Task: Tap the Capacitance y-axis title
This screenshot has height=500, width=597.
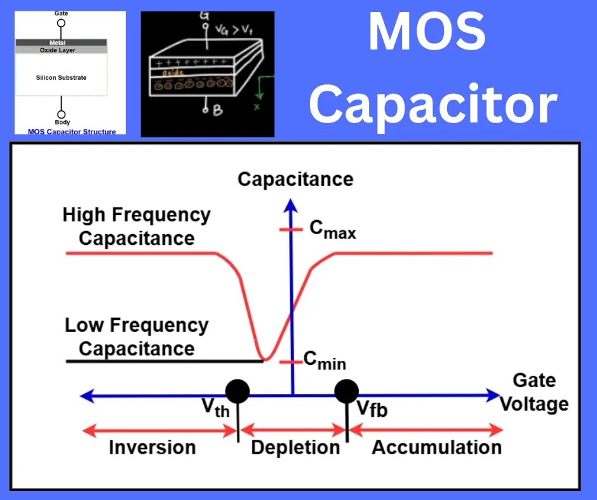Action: [295, 179]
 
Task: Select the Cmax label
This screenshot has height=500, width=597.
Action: [333, 230]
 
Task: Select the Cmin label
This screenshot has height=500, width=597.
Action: [325, 361]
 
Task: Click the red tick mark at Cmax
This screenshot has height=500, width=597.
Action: [292, 230]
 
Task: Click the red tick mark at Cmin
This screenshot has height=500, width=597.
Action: [292, 362]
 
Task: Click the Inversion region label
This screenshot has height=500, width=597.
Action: [152, 447]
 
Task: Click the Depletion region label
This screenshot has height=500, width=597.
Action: [295, 447]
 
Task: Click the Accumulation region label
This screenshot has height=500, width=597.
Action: [436, 447]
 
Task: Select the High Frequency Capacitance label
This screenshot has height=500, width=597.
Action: [137, 227]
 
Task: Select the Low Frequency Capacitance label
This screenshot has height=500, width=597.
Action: [137, 337]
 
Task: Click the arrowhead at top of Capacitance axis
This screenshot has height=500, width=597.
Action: [292, 204]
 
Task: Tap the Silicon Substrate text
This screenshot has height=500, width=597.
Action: [61, 77]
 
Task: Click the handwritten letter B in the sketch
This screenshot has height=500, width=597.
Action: [217, 110]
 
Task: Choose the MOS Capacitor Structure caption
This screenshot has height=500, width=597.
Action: [72, 132]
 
